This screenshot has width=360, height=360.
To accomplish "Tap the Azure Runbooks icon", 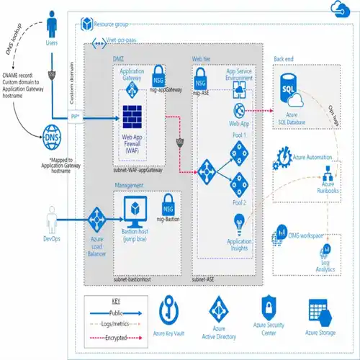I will pyautogui.click(x=328, y=173).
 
